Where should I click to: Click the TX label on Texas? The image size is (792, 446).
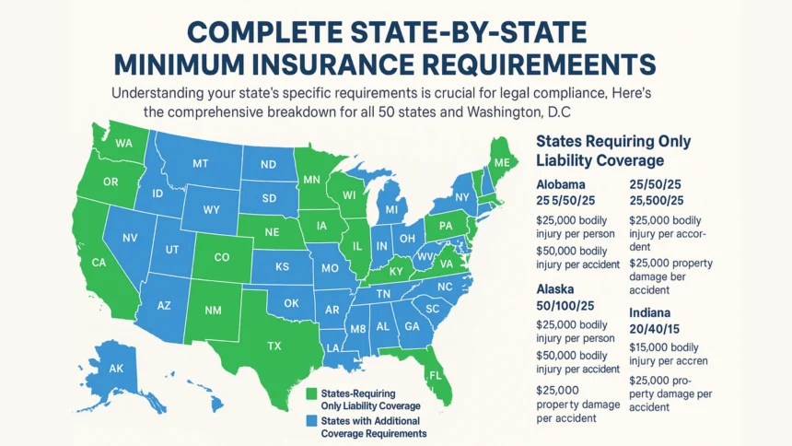[274, 346]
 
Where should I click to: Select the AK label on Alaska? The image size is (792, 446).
[117, 367]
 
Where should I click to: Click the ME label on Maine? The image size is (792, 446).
[501, 162]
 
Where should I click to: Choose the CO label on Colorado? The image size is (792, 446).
[221, 259]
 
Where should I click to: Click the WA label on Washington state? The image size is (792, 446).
[124, 144]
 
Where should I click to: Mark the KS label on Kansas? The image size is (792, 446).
[282, 266]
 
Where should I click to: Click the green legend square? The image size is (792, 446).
[311, 394]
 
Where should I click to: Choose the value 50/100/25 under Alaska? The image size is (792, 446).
[566, 305]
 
